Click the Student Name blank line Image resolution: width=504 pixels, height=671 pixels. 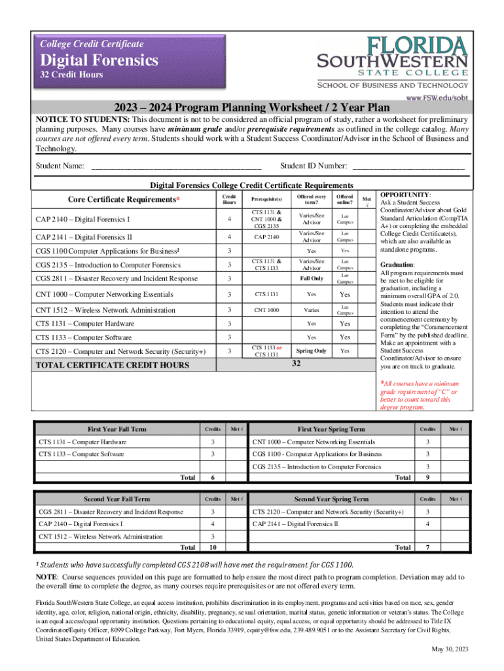[176, 166]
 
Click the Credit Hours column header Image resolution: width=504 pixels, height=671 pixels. [229, 199]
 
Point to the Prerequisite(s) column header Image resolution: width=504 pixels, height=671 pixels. [266, 199]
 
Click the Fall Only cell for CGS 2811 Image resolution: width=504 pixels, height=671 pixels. [311, 278]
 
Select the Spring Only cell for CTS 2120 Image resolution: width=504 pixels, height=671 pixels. [311, 351]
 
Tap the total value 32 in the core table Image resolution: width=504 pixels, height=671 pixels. [297, 364]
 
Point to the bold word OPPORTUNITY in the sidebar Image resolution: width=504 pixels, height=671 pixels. [405, 195]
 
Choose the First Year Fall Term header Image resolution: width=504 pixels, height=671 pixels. [117, 429]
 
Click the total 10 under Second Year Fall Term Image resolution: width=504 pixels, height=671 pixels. [212, 547]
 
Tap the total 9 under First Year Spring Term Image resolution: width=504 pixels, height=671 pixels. [427, 478]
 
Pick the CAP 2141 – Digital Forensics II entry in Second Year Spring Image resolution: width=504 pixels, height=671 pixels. [295, 524]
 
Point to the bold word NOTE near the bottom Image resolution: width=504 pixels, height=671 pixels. [46, 576]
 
